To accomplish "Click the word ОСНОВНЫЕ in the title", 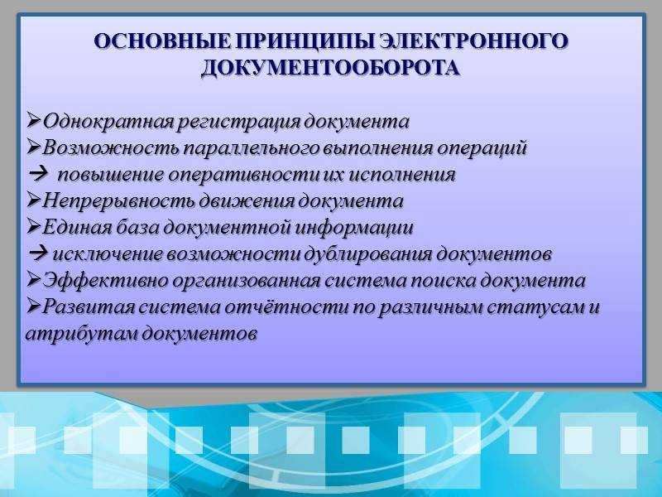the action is [x=163, y=41].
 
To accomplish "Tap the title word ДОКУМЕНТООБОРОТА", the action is [x=330, y=68].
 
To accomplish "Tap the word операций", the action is [x=482, y=149].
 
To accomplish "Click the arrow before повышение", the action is [x=38, y=175].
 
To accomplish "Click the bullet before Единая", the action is [x=34, y=226].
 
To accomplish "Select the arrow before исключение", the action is [x=39, y=253].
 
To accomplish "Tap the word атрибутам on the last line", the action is [x=81, y=334].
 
